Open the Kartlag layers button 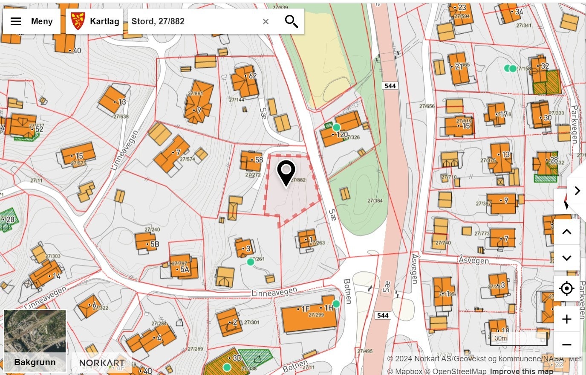[x=95, y=21]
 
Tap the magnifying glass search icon [x=291, y=21]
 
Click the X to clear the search [x=266, y=21]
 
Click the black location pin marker [x=286, y=172]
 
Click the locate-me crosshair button [x=566, y=289]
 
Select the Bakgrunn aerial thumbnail [x=35, y=340]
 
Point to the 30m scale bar [x=518, y=339]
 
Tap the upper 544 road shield [x=390, y=86]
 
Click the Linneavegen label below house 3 [x=274, y=293]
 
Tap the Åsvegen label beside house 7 [x=473, y=260]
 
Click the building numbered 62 [x=245, y=81]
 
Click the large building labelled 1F [x=307, y=316]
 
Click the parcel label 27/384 [x=375, y=201]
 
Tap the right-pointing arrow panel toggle [x=577, y=191]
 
